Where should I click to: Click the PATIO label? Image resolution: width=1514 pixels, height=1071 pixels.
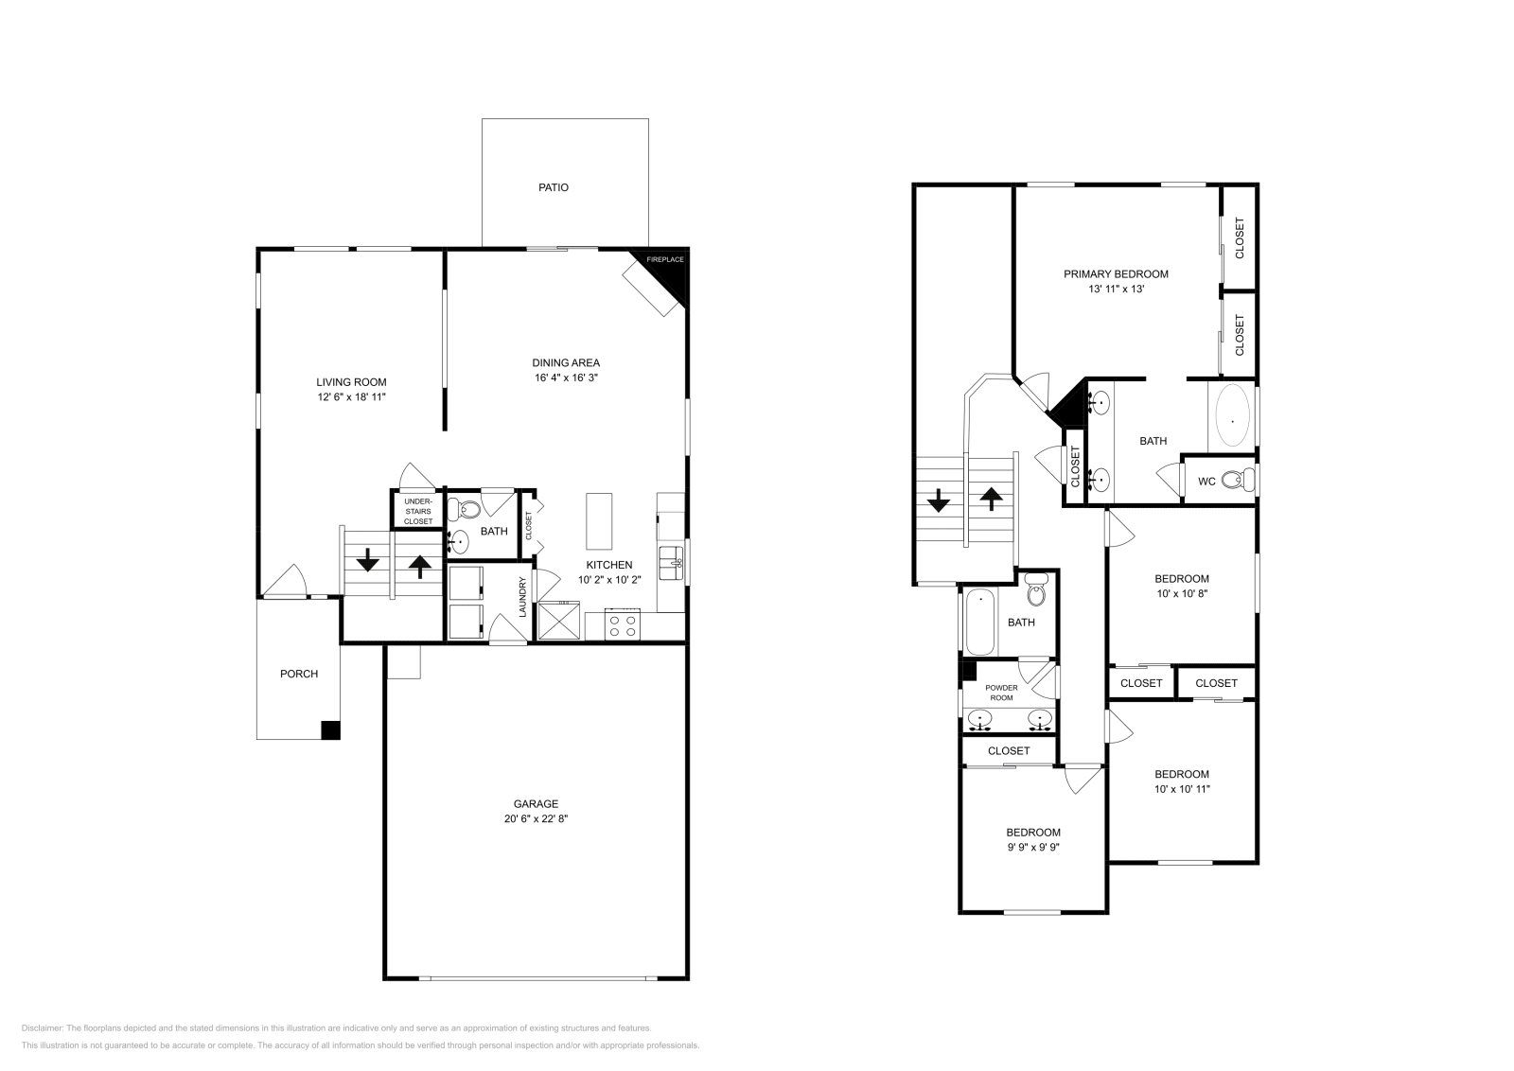click(x=554, y=187)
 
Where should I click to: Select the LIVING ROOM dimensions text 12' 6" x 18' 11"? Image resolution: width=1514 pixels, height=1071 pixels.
click(x=351, y=397)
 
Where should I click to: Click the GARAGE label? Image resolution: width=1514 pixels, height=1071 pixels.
click(x=536, y=803)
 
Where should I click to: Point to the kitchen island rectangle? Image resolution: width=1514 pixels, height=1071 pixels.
click(x=599, y=520)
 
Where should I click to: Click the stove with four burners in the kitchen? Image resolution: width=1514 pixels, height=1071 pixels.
click(x=623, y=626)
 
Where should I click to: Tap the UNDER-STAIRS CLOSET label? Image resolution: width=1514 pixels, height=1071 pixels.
click(x=417, y=511)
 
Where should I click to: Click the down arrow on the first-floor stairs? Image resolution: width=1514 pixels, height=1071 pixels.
click(x=367, y=562)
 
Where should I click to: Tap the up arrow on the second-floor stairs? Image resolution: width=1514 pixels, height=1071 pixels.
click(x=991, y=499)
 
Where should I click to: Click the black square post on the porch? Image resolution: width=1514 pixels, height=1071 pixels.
click(x=330, y=729)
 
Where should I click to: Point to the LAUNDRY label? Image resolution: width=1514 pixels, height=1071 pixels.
click(x=521, y=598)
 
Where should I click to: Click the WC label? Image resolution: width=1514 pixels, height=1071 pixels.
click(x=1206, y=482)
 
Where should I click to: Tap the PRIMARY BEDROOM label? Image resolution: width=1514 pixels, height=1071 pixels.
click(x=1116, y=273)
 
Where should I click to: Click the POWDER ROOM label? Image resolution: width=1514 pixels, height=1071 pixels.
click(x=1001, y=693)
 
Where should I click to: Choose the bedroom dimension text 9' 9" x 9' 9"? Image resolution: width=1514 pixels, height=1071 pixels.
click(x=1032, y=848)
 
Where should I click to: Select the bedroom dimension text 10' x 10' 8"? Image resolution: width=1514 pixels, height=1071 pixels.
click(x=1182, y=594)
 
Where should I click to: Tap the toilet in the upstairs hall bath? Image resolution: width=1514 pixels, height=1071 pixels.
click(x=1036, y=594)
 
